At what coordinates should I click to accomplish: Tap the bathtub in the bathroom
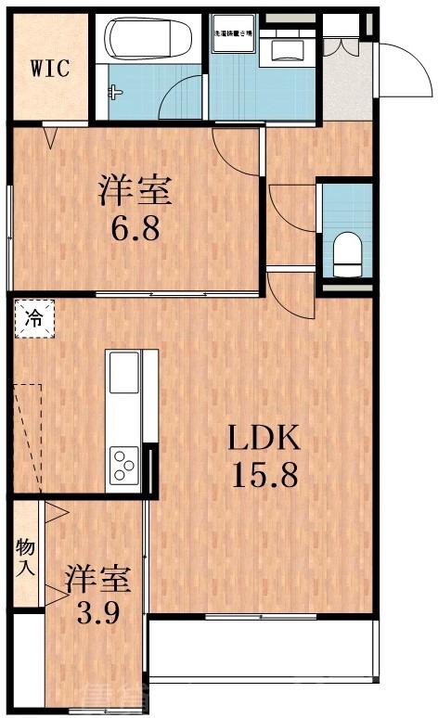148,39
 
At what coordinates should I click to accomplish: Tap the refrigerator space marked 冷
34,319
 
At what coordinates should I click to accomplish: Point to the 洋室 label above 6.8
135,192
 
